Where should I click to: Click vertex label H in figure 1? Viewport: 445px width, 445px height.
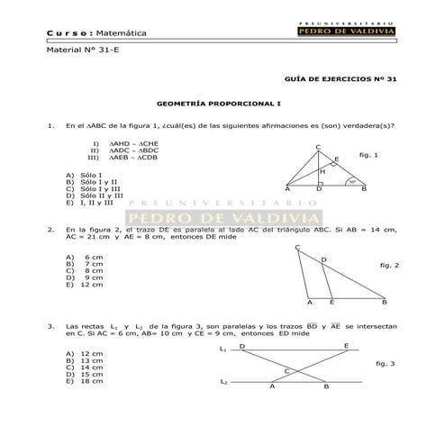pos(322,171)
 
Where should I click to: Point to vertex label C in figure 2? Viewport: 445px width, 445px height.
pos(297,247)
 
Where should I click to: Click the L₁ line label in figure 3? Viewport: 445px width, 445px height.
pos(223,347)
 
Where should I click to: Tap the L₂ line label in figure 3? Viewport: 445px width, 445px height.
pos(223,382)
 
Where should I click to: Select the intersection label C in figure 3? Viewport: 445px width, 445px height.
pos(286,371)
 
